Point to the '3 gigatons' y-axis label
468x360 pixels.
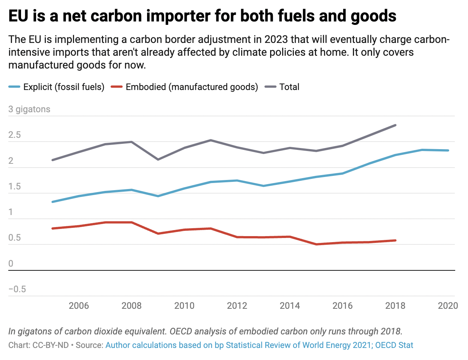click(x=29, y=109)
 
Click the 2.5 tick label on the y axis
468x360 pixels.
click(x=15, y=135)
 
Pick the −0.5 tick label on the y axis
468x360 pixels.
click(x=17, y=289)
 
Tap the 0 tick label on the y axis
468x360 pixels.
click(x=11, y=264)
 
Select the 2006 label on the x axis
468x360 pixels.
click(x=79, y=305)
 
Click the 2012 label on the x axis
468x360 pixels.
click(x=237, y=305)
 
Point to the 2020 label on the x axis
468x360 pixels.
click(x=448, y=305)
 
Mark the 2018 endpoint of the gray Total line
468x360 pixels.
click(x=395, y=125)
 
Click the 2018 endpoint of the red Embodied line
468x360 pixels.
click(x=395, y=240)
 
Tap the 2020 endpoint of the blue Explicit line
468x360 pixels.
click(x=448, y=151)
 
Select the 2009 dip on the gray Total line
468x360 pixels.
click(x=158, y=160)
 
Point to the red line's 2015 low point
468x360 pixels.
click(x=316, y=244)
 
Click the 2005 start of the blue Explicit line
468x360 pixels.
click(x=52, y=202)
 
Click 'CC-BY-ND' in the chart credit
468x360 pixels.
click(x=50, y=345)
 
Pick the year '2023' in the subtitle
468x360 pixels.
click(x=276, y=40)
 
